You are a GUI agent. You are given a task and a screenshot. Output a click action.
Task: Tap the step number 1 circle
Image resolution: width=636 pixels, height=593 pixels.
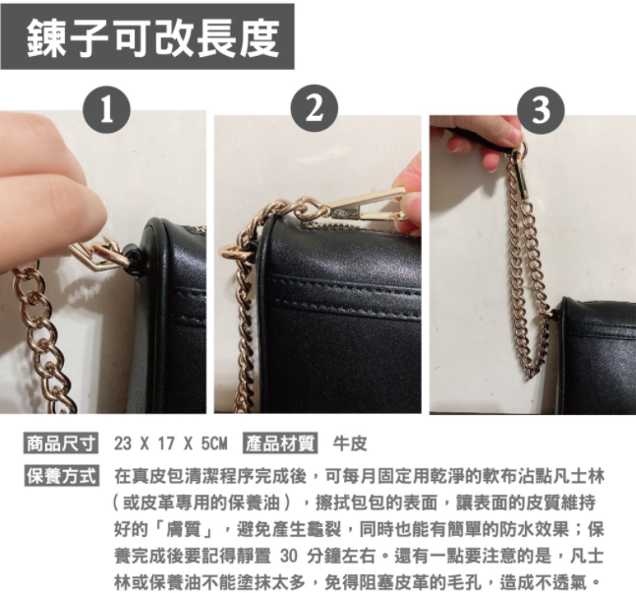point(107,109)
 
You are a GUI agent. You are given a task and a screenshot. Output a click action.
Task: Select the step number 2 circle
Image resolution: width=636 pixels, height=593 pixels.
point(315,108)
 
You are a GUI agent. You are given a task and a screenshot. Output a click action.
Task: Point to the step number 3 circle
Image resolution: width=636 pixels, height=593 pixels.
point(541,109)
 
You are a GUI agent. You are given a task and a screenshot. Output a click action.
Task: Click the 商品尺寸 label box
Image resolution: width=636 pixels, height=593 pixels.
point(61,443)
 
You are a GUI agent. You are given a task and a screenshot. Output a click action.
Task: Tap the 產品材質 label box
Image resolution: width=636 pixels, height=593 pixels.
point(280,443)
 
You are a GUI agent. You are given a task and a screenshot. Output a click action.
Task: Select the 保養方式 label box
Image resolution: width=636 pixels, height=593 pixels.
point(61,476)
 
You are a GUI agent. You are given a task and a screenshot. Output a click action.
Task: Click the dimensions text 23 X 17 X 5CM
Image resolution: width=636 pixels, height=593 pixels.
point(170,444)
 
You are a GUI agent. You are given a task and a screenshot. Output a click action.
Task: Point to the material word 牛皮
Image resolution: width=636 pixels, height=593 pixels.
point(350,444)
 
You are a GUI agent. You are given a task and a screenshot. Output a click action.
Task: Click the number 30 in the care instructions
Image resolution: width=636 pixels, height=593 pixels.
point(289,557)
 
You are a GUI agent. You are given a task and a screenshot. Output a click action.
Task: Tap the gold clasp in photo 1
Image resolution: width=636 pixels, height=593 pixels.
point(99,255)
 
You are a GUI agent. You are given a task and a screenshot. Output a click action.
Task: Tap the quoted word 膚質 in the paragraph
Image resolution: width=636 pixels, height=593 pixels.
point(186,530)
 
